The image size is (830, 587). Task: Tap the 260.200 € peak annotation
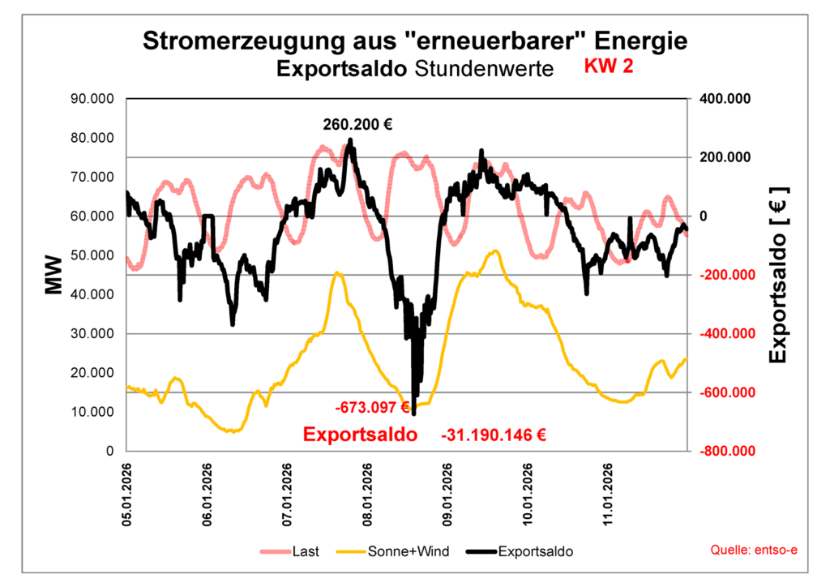point(357,125)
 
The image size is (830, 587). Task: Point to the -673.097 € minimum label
point(372,406)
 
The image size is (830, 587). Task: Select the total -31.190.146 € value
point(494,435)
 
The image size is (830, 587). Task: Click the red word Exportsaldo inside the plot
point(361,435)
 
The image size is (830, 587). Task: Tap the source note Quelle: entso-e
point(754,551)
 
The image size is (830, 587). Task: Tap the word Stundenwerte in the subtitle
point(484,69)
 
